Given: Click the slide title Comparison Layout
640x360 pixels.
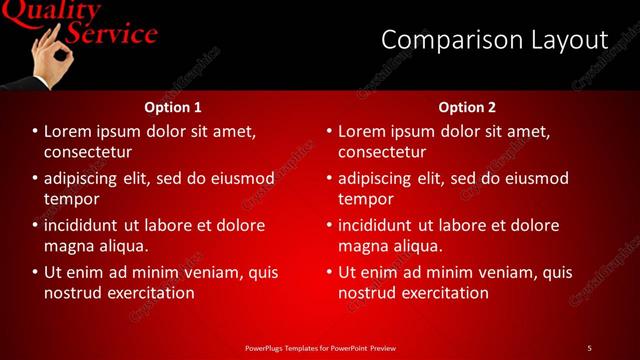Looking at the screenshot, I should click(x=494, y=40).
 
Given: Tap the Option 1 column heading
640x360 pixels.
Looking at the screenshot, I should click(x=173, y=107).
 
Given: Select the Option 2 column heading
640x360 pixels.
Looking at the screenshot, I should click(x=467, y=107).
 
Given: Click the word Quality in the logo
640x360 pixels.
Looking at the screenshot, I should click(x=55, y=11).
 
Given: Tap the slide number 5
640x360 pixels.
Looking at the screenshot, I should click(x=589, y=347).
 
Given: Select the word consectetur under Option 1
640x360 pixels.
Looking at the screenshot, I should click(x=88, y=152).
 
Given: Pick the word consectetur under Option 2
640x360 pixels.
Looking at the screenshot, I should click(x=382, y=152).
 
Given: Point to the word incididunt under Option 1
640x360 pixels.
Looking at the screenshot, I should click(x=89, y=225).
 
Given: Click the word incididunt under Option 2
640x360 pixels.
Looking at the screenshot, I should click(x=383, y=225).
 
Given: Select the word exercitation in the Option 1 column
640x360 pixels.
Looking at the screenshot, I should click(x=146, y=293).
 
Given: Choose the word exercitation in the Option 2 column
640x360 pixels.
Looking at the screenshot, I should click(x=441, y=293).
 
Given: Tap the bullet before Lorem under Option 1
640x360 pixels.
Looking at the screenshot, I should click(x=35, y=132).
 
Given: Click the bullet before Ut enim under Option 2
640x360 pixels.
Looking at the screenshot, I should click(x=329, y=272).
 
